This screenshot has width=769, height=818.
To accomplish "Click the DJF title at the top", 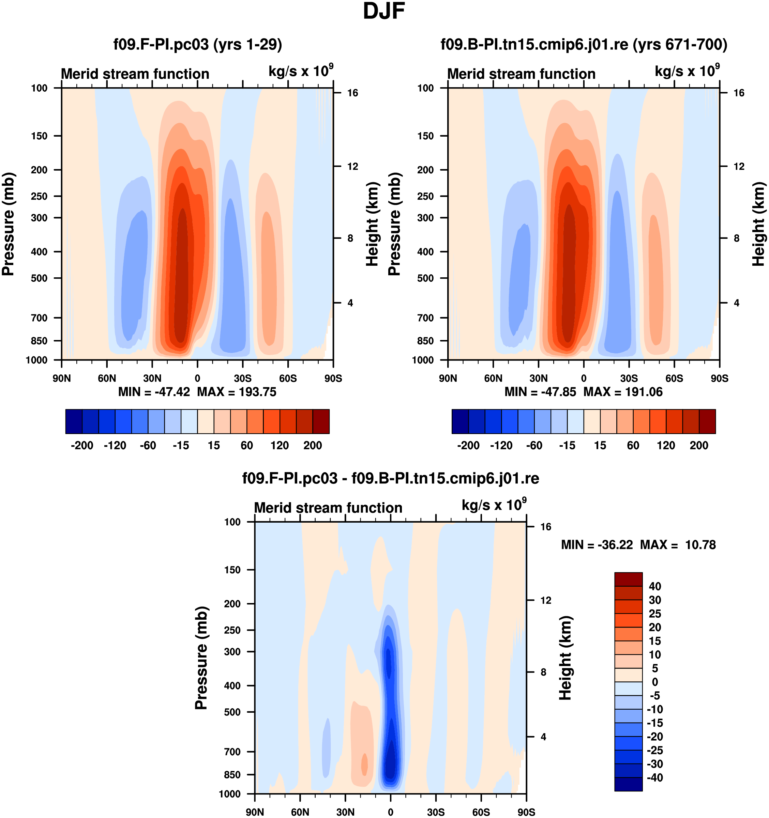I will pyautogui.click(x=384, y=12).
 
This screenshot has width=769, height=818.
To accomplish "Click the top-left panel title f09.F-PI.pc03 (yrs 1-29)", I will pyautogui.click(x=198, y=44).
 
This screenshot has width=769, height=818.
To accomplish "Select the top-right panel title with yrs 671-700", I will pyautogui.click(x=584, y=44).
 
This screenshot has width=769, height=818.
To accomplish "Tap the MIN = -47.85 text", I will pyautogui.click(x=540, y=392).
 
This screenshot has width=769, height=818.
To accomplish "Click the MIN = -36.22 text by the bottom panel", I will pyautogui.click(x=597, y=545).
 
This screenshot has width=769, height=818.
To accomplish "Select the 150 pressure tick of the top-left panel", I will pyautogui.click(x=39, y=136).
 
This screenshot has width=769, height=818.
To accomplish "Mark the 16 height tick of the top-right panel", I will pyautogui.click(x=739, y=93).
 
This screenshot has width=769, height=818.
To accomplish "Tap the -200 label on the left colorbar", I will pyautogui.click(x=82, y=446).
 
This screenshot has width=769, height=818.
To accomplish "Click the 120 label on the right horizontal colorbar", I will pyautogui.click(x=666, y=446).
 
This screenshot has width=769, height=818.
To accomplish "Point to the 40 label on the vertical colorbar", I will pyautogui.click(x=655, y=586).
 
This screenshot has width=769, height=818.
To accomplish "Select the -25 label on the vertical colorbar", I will pyautogui.click(x=654, y=751).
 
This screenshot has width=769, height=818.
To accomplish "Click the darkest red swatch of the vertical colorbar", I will pyautogui.click(x=628, y=580).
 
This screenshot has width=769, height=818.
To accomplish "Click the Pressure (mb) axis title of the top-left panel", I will pyautogui.click(x=8, y=224).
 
